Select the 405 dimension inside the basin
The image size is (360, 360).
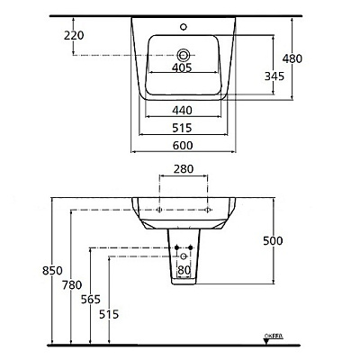point(184,67)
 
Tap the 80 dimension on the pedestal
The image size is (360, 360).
point(184,269)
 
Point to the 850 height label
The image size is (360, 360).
point(58,273)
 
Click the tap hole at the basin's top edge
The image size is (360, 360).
point(186,19)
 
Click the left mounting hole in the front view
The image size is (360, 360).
point(159,209)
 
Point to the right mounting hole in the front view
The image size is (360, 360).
point(209,209)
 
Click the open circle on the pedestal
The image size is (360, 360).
point(184,255)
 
